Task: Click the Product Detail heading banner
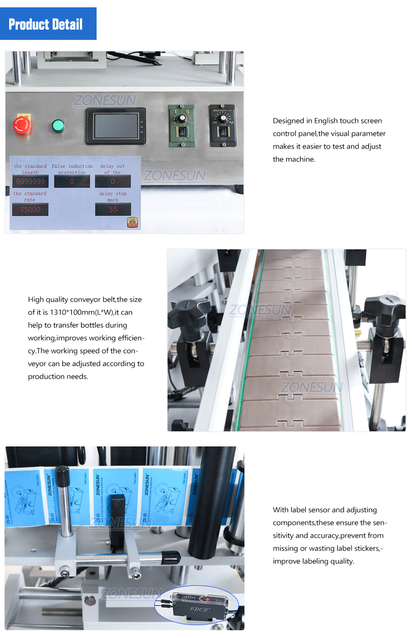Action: pos(48,24)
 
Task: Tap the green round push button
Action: pos(58,126)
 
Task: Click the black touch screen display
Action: pos(116,126)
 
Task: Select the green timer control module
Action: pos(182,125)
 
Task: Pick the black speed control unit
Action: pos(222,125)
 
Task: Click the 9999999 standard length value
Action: pos(30,181)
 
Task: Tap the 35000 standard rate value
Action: pos(30,209)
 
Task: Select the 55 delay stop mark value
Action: pos(113,209)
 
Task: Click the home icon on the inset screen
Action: pos(132,223)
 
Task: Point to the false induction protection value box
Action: pos(72,181)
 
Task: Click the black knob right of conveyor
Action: pos(384,306)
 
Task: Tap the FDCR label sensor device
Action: pos(199,606)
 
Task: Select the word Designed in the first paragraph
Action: pos(288,121)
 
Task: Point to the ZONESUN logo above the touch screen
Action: pos(105,100)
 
